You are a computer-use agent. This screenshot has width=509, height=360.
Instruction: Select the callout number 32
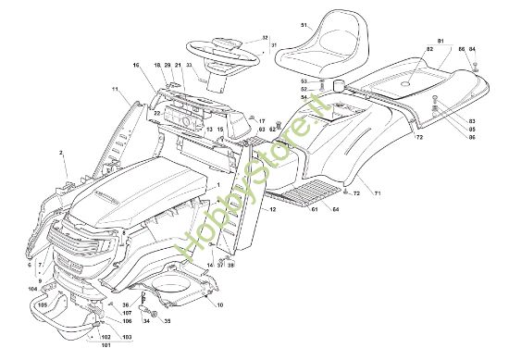pos(265,38)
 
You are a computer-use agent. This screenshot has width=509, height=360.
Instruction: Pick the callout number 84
pos(474,47)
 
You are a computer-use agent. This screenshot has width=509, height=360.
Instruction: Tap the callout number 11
pos(116,89)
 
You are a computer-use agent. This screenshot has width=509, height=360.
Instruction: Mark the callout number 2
pos(61,151)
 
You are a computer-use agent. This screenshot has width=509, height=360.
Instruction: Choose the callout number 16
pos(135,66)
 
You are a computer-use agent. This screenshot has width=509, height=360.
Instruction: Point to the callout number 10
pos(220,305)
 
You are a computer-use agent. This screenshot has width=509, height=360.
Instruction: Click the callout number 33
pos(189,66)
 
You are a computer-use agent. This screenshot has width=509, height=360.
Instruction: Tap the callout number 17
pos(262,121)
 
